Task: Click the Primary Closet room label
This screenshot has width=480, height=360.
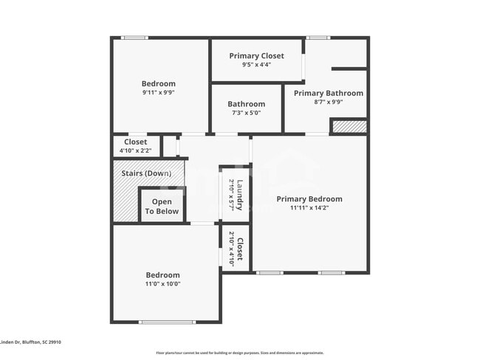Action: click(256, 56)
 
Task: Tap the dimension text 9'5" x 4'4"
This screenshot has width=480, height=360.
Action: click(256, 65)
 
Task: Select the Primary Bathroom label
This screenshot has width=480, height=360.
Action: click(328, 93)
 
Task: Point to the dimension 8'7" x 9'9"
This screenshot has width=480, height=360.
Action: click(328, 102)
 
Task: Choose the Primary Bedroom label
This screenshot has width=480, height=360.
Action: click(309, 198)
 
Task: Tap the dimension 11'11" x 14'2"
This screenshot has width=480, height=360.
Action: click(309, 207)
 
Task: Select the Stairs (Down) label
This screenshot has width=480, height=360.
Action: click(148, 173)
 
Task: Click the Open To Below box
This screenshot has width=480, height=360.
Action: click(162, 206)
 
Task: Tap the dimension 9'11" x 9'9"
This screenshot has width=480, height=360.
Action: click(159, 92)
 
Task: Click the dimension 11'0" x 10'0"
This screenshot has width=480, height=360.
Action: click(162, 284)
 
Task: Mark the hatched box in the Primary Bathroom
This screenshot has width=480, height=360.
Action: click(349, 127)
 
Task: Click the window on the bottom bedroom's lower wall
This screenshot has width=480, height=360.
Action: click(167, 322)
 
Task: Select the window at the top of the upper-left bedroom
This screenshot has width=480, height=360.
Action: click(134, 38)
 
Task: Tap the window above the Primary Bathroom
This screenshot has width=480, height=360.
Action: click(318, 38)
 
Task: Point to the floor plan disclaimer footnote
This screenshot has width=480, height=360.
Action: click(239, 353)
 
